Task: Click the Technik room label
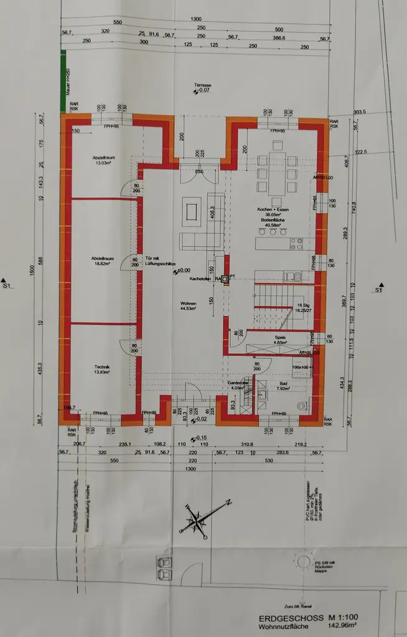[x=103, y=370]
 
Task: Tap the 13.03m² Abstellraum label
[x=101, y=160]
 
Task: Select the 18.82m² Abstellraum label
[x=101, y=261]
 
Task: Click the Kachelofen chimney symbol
[x=225, y=280]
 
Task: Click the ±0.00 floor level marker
[x=182, y=271]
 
